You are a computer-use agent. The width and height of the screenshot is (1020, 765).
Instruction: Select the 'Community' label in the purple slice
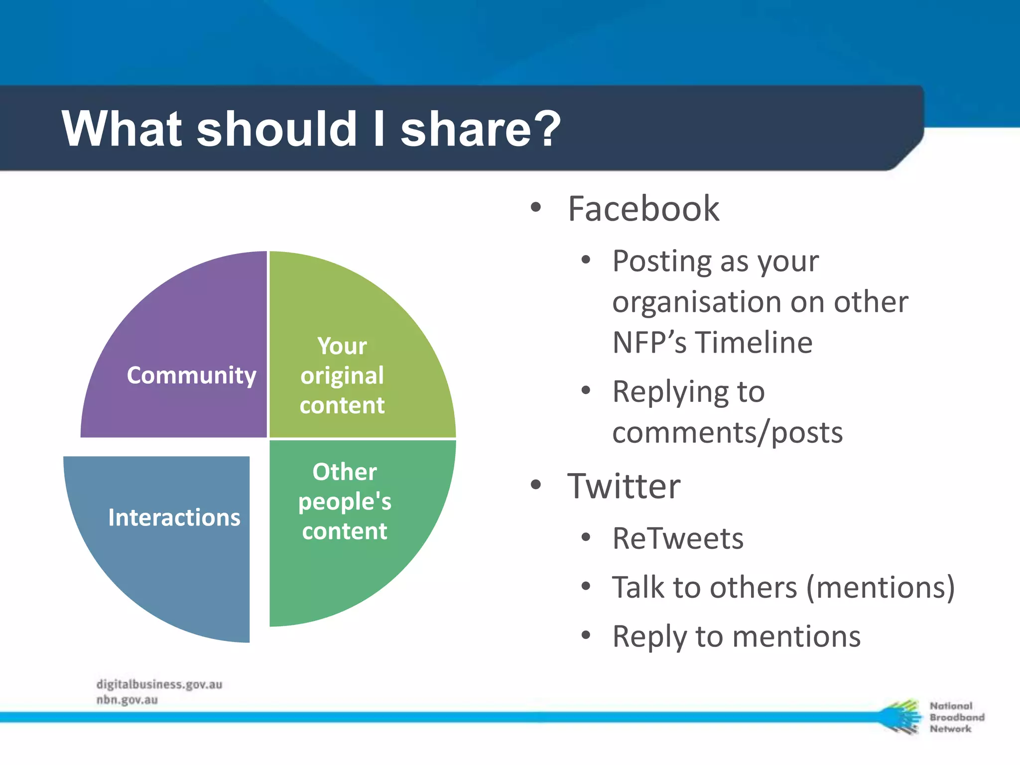point(191,375)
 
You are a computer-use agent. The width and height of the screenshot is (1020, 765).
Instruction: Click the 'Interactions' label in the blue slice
point(174,517)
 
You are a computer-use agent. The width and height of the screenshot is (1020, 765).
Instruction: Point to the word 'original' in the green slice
point(342,376)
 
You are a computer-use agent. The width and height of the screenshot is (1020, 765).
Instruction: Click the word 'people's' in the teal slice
point(345,502)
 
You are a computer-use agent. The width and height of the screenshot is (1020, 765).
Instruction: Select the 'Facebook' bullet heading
point(643,209)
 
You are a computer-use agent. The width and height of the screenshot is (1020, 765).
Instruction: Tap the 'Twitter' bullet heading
point(624,486)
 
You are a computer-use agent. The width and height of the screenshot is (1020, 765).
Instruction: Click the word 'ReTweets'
point(677,538)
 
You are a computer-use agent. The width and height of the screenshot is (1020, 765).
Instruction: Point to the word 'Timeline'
point(754,343)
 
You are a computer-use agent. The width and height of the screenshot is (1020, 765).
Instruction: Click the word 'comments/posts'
point(727,432)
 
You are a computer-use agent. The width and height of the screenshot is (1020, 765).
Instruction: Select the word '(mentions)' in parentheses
point(880,588)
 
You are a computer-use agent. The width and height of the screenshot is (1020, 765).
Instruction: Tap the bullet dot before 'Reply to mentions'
point(586,635)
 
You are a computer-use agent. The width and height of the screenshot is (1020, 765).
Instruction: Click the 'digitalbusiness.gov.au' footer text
point(159,684)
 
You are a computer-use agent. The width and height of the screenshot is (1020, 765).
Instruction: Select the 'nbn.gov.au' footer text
point(127,700)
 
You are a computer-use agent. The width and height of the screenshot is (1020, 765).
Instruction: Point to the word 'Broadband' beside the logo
point(957,717)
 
